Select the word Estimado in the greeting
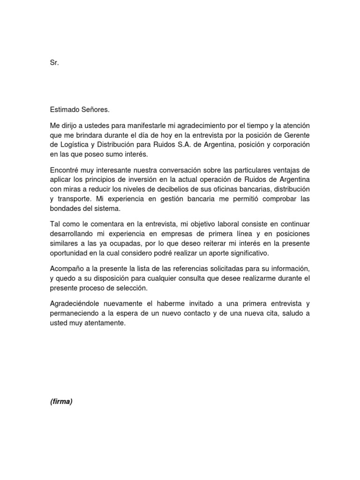[x=65, y=110]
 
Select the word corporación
[x=287, y=145]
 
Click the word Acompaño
[x=67, y=269]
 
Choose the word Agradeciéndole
[x=75, y=303]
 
